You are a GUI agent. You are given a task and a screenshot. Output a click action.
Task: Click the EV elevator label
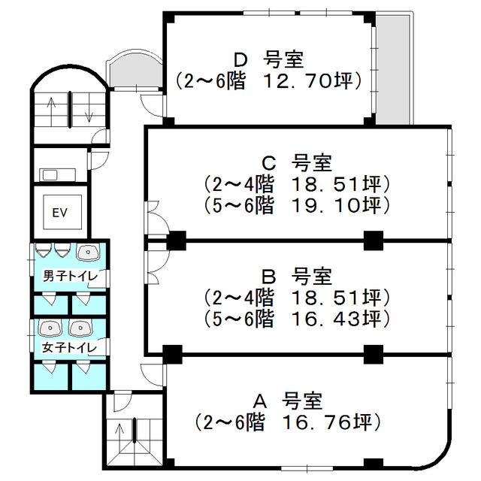59,213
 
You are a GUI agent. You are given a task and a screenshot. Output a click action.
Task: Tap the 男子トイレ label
70,276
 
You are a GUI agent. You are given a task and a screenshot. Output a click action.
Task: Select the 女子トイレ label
69,347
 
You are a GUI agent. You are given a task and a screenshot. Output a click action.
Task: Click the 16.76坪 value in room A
328,422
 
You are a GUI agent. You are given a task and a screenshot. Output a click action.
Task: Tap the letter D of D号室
240,60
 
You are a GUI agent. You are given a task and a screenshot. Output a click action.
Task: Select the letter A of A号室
260,401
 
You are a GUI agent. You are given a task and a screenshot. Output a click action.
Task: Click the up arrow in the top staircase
51,111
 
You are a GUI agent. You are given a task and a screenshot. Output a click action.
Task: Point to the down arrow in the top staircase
89,108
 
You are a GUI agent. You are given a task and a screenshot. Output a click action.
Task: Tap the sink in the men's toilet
88,253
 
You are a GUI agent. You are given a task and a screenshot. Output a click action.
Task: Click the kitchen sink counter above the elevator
57,175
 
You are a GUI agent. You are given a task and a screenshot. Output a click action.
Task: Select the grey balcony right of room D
393,70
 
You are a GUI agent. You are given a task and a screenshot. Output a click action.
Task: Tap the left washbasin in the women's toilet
50,328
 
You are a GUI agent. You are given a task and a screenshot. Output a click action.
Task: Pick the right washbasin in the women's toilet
80,328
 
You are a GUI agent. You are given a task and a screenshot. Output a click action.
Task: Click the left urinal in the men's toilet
41,250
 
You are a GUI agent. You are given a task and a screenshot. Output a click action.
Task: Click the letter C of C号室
269,164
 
